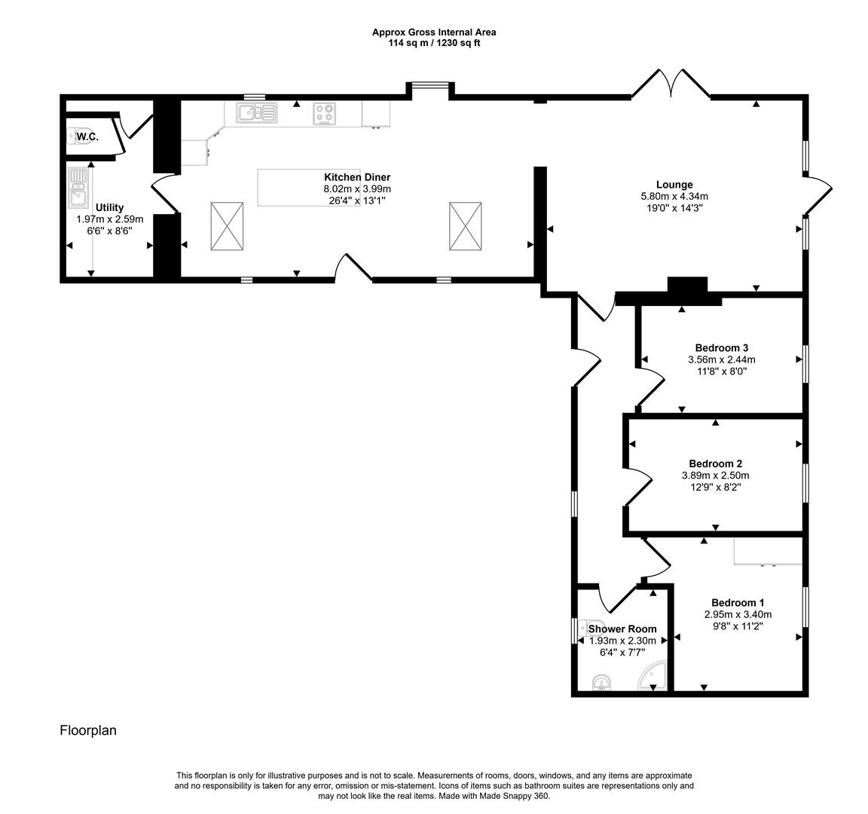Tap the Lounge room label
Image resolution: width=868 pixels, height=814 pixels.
click(674, 185)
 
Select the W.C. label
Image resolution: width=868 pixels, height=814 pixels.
click(87, 137)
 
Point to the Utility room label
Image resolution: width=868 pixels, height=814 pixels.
click(109, 207)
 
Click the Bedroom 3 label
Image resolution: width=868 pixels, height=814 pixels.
click(721, 347)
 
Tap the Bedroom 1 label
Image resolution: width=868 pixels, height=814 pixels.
click(738, 602)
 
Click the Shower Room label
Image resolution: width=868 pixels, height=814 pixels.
click(622, 629)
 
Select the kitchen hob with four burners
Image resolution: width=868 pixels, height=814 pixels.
click(325, 114)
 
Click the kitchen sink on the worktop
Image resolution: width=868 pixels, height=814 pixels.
click(256, 113)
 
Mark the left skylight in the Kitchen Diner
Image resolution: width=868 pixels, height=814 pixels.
click(227, 225)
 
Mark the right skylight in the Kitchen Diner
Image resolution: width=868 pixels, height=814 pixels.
click(466, 225)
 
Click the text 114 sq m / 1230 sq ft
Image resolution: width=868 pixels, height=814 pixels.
click(434, 43)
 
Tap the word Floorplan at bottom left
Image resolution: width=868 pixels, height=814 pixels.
click(88, 730)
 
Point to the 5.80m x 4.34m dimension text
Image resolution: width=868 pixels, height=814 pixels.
click(674, 197)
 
